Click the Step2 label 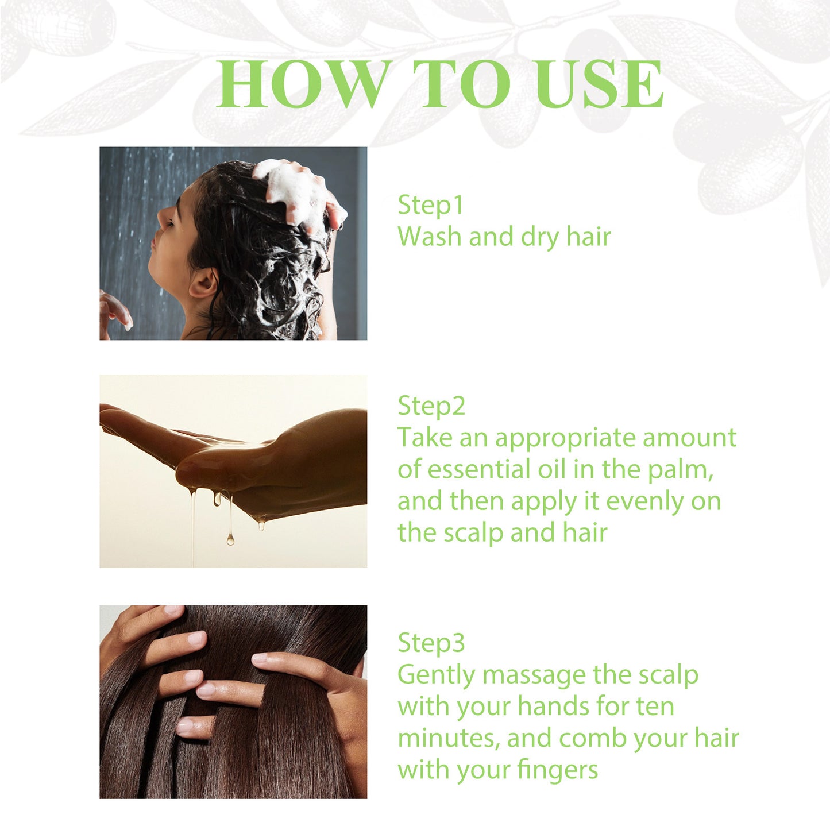point(431,407)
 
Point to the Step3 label point(431,643)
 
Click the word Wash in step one point(430,237)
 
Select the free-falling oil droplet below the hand point(230,539)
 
